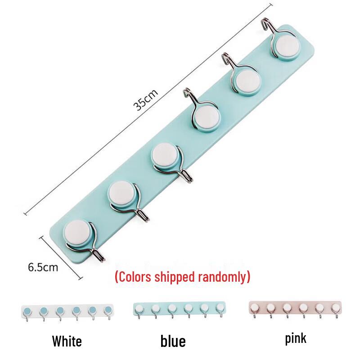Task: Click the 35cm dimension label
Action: click(145, 99)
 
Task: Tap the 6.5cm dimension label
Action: click(43, 267)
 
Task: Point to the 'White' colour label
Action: click(67, 341)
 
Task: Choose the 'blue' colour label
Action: click(173, 341)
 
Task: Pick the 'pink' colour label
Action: click(296, 339)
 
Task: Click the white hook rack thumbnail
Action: click(67, 313)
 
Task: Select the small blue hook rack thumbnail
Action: click(180, 310)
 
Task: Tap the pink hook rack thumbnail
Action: click(296, 309)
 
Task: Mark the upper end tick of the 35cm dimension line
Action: click(271, 4)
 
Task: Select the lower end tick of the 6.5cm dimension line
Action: click(81, 278)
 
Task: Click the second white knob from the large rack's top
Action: click(247, 82)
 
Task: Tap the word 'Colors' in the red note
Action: click(134, 277)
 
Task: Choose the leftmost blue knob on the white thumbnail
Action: click(27, 311)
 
